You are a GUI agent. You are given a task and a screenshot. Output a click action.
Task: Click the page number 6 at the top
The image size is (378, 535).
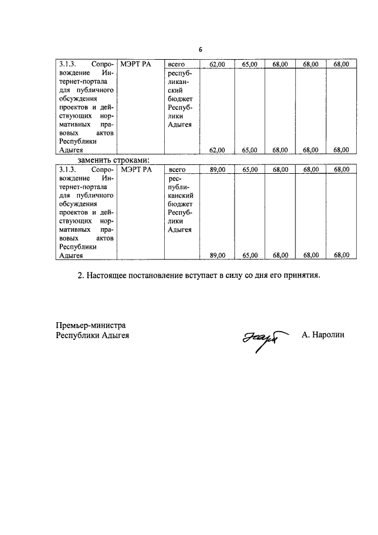pos(200,50)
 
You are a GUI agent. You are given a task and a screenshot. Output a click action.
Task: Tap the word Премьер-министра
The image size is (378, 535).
pos(91,325)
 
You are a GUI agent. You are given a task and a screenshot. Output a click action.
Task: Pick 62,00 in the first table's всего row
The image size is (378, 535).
pos(217,64)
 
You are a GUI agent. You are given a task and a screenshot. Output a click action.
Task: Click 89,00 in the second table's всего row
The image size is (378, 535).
pos(217,170)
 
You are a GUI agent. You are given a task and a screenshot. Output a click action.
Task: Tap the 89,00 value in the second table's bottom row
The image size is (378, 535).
pos(217,255)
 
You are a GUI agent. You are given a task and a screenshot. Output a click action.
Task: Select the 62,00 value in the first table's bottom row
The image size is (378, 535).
pos(217,150)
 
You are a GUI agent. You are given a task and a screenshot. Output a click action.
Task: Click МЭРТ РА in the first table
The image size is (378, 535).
pos(136,64)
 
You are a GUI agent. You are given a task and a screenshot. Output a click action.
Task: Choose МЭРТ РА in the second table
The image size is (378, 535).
pos(136,170)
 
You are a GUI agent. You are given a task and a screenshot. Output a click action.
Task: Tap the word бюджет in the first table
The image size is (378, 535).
pos(181,99)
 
